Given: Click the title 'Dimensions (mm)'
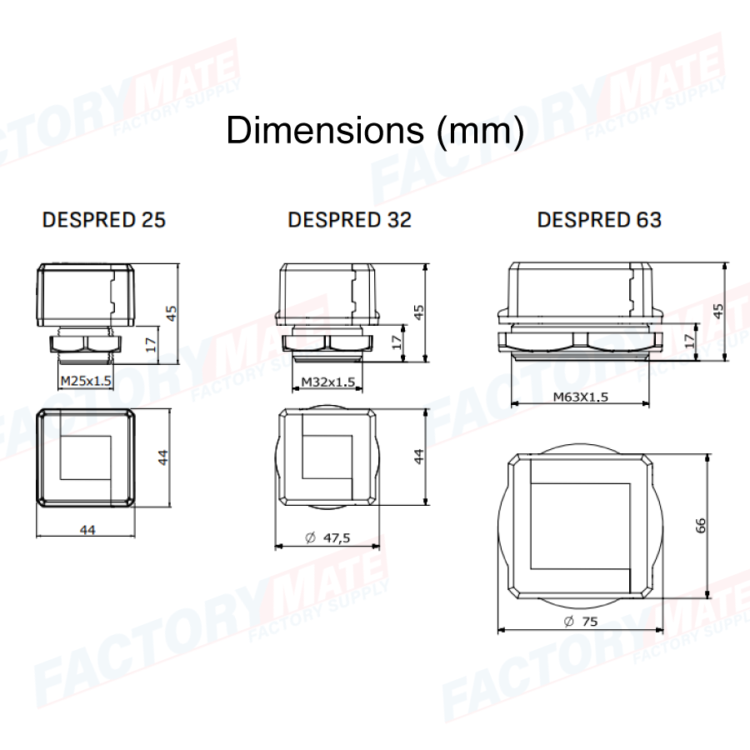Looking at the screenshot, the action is coord(376,130).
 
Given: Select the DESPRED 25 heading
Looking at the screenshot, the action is coord(104,220).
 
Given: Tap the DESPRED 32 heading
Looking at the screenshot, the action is coord(350,220).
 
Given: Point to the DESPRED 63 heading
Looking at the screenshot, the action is coord(599,220).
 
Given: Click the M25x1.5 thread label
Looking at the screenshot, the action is coord(86,381).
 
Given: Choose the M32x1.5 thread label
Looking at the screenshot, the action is coord(328,382).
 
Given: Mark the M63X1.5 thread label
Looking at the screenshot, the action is coord(581,397).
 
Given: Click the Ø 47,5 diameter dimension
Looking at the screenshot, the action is coord(327,538).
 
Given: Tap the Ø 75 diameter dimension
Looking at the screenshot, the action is coord(581,622).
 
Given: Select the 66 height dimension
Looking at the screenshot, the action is coord(700,525).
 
